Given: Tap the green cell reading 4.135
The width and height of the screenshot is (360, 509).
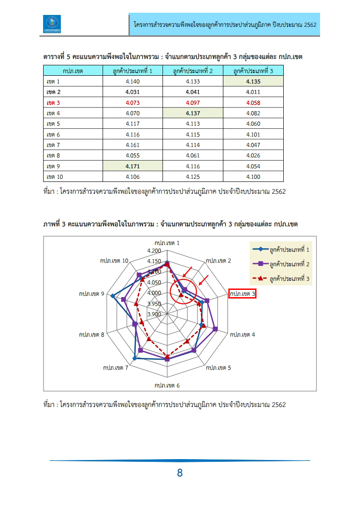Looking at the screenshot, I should point(253,81).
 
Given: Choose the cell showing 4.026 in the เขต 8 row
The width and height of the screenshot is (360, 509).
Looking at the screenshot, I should point(253,156).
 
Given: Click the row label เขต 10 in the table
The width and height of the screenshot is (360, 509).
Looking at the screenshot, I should point(55,177).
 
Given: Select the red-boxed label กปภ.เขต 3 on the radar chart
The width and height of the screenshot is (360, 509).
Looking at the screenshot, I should point(243,294).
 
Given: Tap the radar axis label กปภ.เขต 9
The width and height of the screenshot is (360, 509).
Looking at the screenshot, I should point(91,294).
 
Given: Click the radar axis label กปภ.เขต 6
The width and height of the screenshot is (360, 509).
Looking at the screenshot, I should point(167,386).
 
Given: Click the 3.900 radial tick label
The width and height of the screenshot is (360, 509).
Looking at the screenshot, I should point(154,314).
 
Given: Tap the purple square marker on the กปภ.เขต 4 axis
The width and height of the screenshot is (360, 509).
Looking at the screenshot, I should point(215,329).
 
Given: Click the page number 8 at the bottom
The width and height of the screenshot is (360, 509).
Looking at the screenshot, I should point(180,473).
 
